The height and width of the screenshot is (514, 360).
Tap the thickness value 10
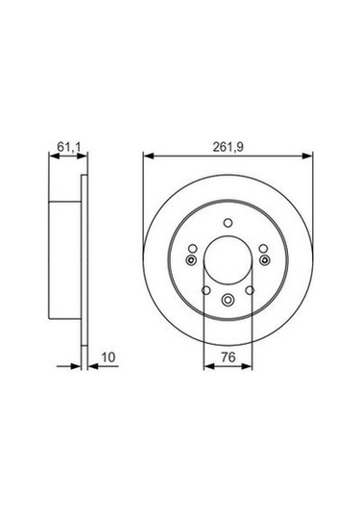coord(108,356)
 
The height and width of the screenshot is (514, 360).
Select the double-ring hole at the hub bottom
coord(228,302)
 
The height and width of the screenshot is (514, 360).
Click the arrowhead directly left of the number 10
coord(92,366)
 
